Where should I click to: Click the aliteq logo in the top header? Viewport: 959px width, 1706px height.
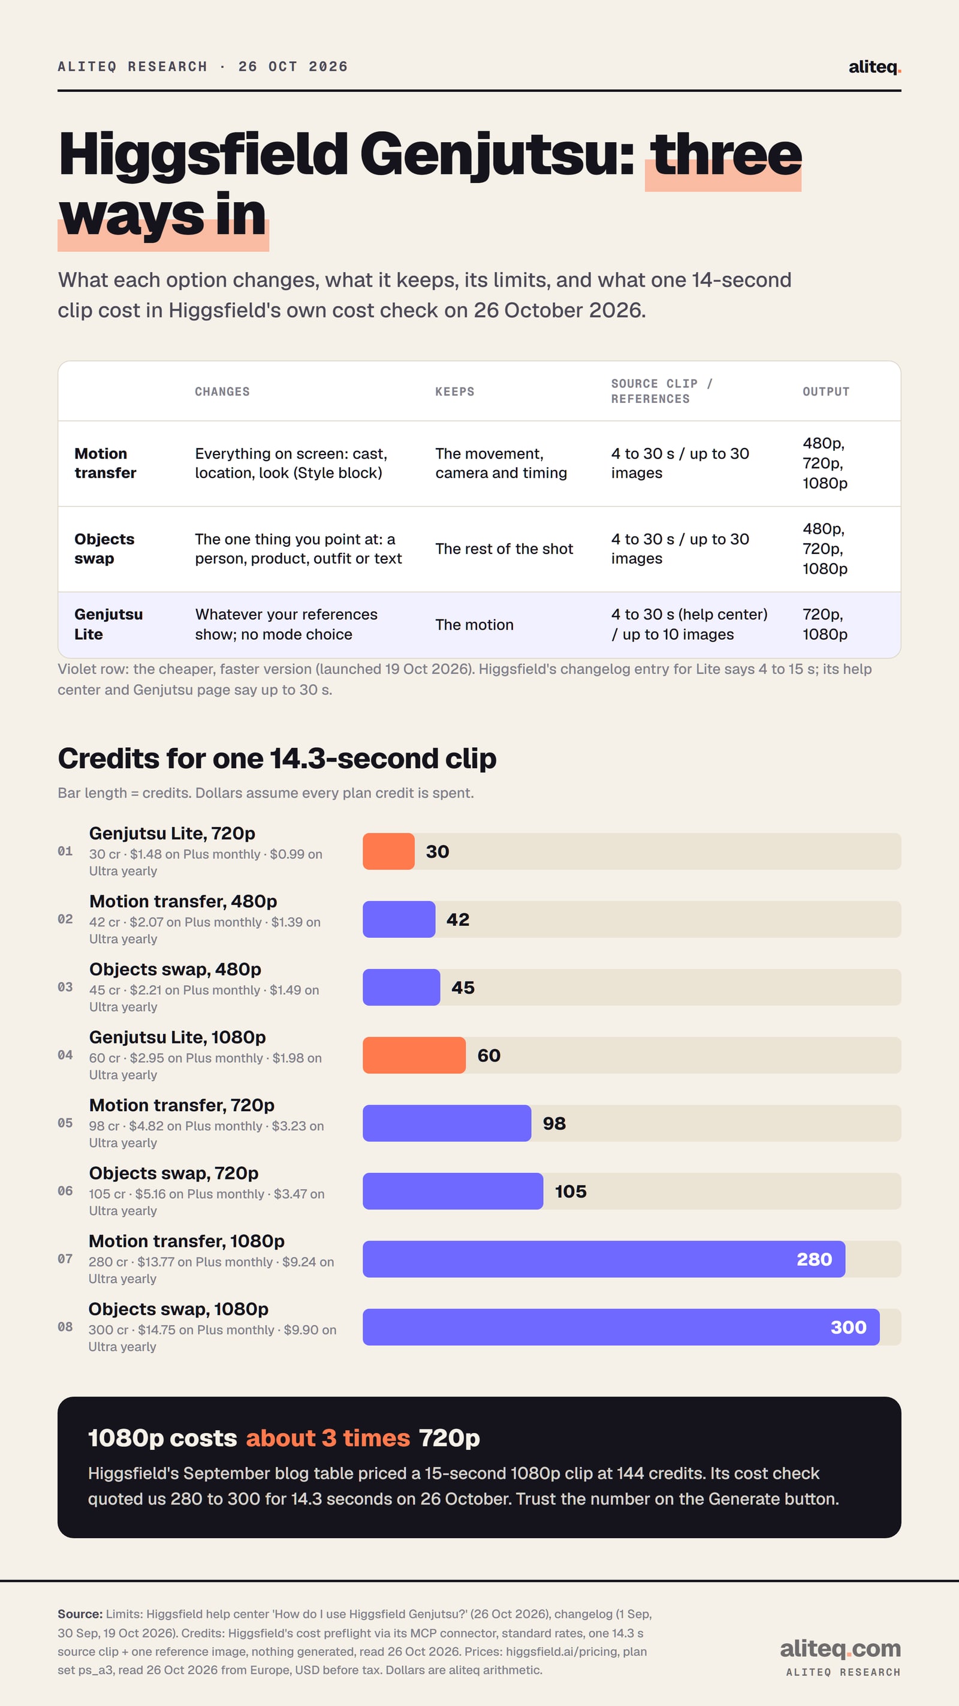tap(874, 67)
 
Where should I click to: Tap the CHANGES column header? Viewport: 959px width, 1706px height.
tap(222, 392)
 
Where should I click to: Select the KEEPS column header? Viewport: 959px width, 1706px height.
tap(455, 392)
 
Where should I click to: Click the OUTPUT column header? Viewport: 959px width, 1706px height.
tap(826, 392)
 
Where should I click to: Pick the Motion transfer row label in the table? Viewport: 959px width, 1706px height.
tap(105, 463)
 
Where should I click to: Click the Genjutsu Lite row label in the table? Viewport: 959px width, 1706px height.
tap(108, 624)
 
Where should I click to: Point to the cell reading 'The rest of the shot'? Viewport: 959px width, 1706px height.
tap(504, 549)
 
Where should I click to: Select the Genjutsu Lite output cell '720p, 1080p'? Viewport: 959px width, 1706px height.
tap(825, 624)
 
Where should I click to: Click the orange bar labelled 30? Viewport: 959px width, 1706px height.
tap(388, 851)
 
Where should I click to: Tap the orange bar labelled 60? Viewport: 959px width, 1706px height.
tap(414, 1055)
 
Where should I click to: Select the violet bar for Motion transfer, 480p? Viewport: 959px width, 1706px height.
tap(399, 919)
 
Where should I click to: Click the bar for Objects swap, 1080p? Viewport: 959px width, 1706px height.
tap(621, 1327)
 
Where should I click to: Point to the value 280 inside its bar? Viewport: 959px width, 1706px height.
tap(814, 1259)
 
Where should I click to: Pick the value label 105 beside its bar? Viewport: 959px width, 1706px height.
tap(571, 1192)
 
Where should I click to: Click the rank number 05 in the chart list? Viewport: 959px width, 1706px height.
tap(65, 1123)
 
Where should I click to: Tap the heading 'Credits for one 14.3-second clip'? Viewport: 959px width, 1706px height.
tap(277, 759)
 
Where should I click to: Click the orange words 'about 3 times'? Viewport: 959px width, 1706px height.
tap(328, 1438)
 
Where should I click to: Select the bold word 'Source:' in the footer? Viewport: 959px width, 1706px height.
tap(80, 1614)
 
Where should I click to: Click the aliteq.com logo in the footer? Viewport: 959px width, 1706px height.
tap(840, 1648)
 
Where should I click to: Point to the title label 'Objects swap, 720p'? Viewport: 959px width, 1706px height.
tap(173, 1173)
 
